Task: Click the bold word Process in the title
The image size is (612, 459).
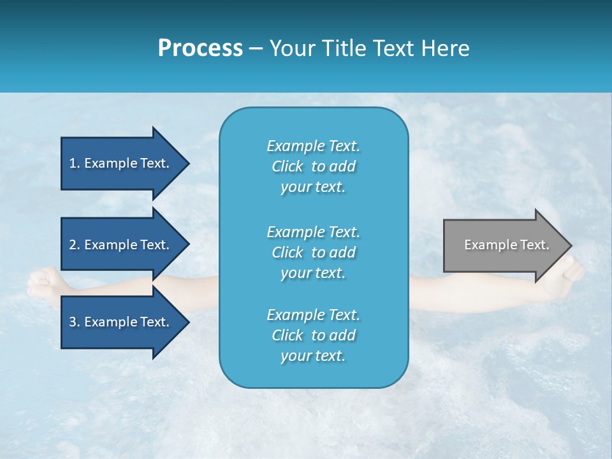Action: coord(200,48)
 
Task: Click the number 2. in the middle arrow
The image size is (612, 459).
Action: coord(75,245)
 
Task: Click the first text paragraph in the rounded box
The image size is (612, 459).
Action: coord(313,166)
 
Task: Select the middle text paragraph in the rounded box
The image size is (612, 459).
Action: coord(313,252)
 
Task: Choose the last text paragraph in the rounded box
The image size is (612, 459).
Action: coord(313,335)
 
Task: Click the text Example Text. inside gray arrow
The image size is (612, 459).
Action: coord(506,245)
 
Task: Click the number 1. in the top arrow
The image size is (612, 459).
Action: coord(75,163)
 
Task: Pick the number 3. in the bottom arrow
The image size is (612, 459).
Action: coord(75,322)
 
